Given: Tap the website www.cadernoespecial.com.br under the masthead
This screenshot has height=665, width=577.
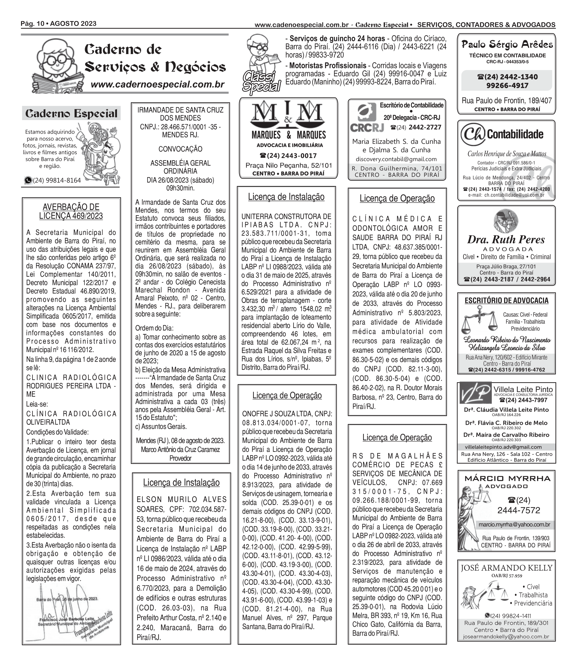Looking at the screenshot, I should [x=157, y=85].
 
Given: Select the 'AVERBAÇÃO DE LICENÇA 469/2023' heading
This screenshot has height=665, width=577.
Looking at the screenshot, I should [x=71, y=211].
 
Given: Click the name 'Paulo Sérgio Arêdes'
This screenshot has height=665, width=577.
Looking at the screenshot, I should [x=507, y=44].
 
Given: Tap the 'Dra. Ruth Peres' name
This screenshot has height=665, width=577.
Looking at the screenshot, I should [x=506, y=239].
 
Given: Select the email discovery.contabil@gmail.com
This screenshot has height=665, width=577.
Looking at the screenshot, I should [x=396, y=159].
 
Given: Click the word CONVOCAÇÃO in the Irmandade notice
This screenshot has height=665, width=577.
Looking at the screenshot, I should [x=180, y=149].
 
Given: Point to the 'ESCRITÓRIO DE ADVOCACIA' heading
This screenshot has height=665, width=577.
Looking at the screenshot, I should [x=506, y=300].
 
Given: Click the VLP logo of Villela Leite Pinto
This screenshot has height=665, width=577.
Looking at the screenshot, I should [x=475, y=393].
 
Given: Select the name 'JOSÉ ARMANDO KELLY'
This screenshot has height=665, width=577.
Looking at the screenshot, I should [x=506, y=568].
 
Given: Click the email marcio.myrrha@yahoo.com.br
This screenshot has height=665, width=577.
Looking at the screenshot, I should [x=514, y=525].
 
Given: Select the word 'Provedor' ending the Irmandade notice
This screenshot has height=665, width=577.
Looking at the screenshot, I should [x=180, y=458].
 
